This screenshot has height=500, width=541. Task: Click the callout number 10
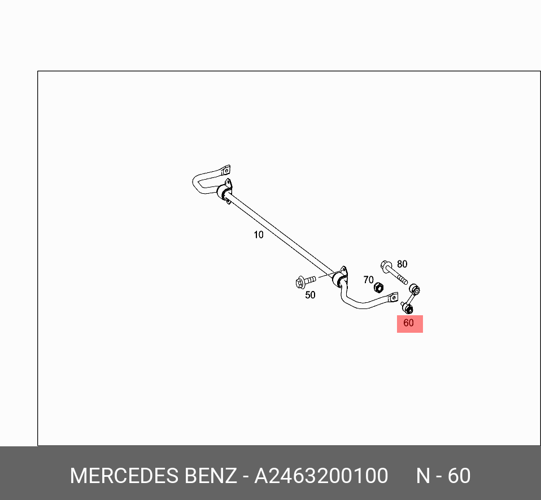click(x=258, y=234)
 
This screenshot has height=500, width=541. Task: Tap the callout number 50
click(x=310, y=295)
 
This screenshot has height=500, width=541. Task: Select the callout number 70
click(x=368, y=280)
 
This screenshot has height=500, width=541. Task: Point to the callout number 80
click(x=402, y=264)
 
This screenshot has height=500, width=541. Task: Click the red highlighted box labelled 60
click(x=409, y=324)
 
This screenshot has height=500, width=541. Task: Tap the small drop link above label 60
click(x=411, y=299)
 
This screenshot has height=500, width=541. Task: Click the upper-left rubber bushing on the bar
click(x=224, y=194)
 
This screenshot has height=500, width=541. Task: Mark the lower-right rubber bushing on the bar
click(x=339, y=280)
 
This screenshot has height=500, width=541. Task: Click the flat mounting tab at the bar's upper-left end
click(x=225, y=169)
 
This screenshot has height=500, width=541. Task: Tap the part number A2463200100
click(x=321, y=476)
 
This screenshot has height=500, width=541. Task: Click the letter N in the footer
click(x=423, y=476)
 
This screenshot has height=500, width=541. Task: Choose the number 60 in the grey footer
click(x=459, y=476)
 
